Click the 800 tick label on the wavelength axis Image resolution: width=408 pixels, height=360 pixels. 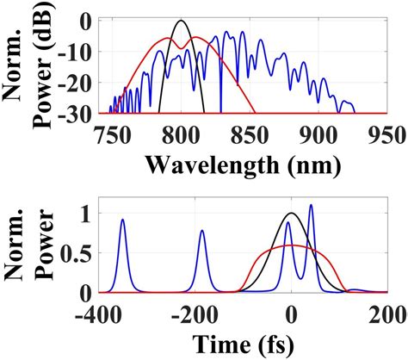pyautogui.click(x=180, y=133)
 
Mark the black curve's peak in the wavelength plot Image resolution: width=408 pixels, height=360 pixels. pyautogui.click(x=180, y=22)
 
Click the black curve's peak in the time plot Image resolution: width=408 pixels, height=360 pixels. pyautogui.click(x=292, y=213)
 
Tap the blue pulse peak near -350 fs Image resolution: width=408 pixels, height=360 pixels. pyautogui.click(x=122, y=220)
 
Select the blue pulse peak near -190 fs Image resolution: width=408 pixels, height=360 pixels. pyautogui.click(x=202, y=230)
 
